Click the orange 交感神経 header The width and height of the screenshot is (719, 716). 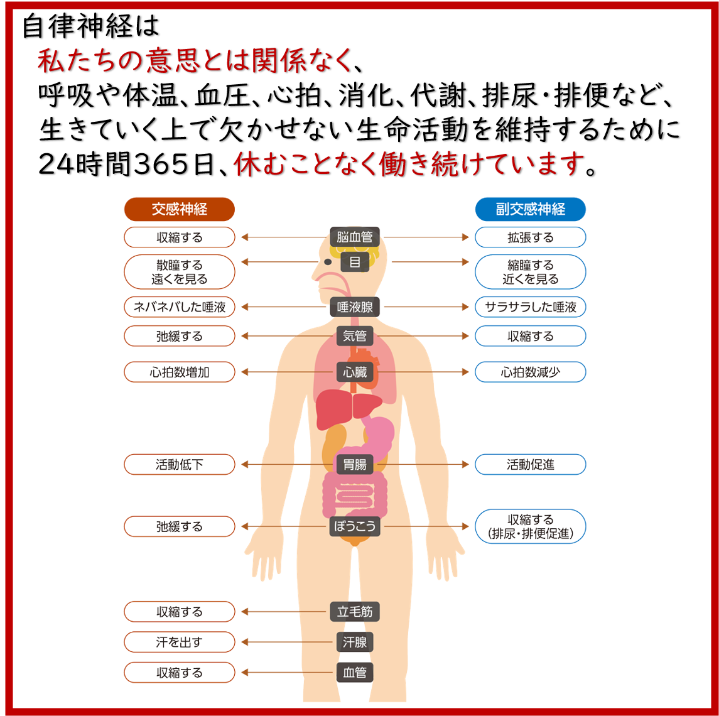click(180, 210)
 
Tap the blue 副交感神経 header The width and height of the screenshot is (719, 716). click(530, 210)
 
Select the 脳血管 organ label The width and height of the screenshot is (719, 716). click(355, 237)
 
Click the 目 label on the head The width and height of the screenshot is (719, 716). click(355, 263)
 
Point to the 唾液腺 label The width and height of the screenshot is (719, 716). click(355, 308)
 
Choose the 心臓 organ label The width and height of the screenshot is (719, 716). click(355, 372)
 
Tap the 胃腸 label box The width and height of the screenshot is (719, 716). click(355, 465)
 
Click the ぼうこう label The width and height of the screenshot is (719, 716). click(355, 526)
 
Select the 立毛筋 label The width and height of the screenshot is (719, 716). click(355, 612)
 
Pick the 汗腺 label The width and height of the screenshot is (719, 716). click(355, 643)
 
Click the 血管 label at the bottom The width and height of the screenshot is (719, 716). click(355, 673)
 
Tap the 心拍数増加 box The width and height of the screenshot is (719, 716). click(180, 372)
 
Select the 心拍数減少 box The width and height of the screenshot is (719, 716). click(530, 372)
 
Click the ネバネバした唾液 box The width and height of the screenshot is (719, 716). click(180, 308)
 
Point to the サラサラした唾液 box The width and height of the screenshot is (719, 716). click(530, 308)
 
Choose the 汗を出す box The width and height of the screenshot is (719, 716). click(180, 643)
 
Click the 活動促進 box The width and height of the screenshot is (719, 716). click(530, 465)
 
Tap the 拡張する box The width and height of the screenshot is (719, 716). click(530, 237)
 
